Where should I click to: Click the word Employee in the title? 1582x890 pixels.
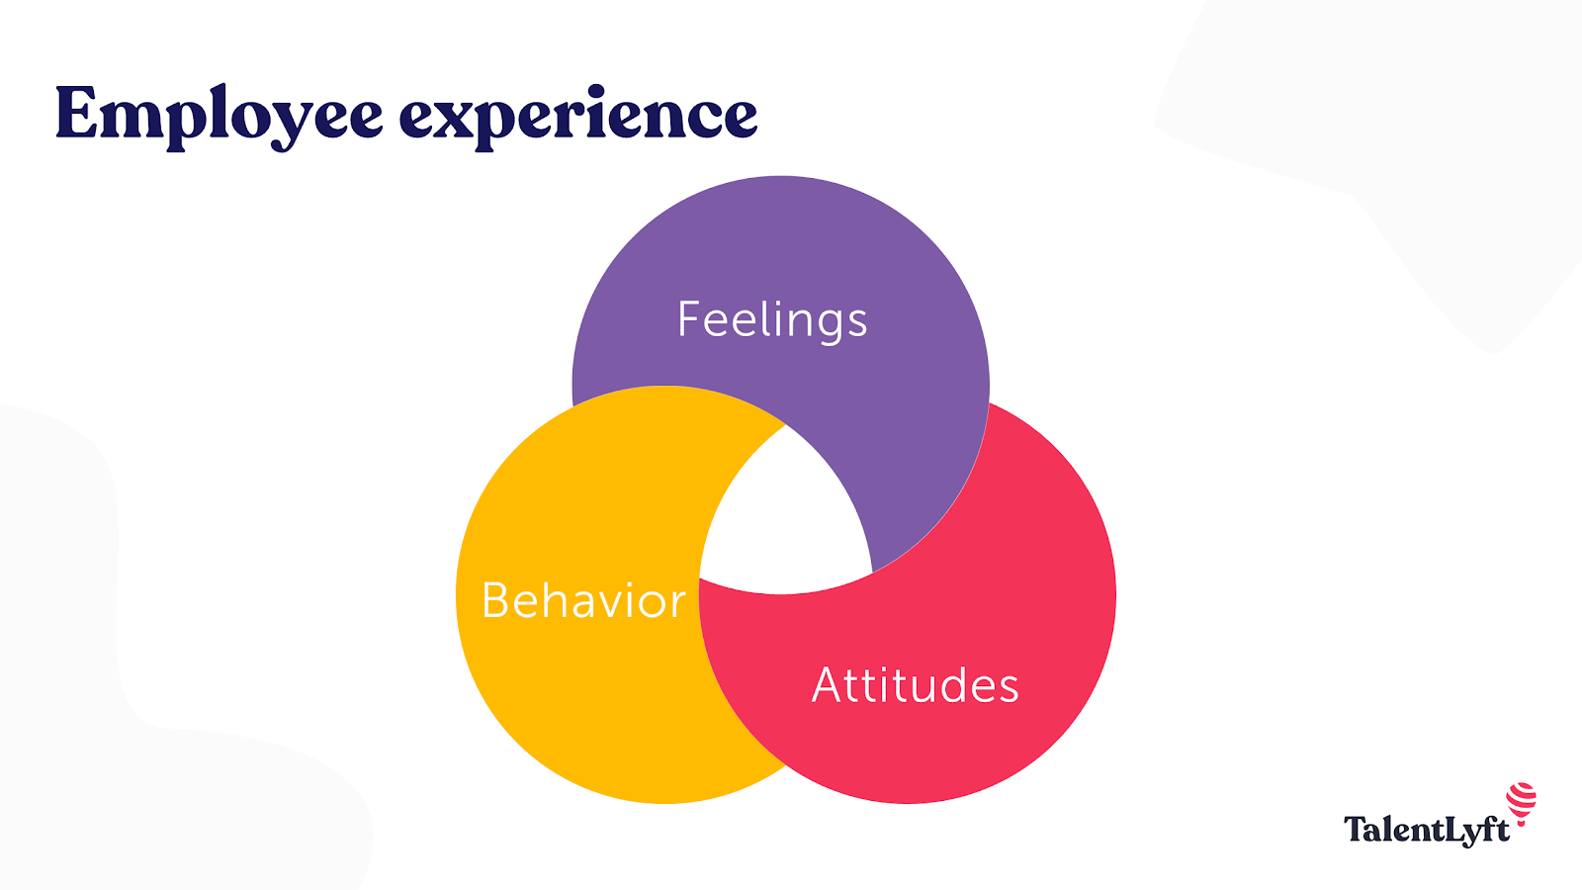click(x=219, y=116)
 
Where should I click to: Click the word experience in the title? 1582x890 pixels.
click(x=578, y=116)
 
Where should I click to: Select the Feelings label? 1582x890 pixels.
click(x=772, y=319)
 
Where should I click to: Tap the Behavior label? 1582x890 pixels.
click(x=583, y=600)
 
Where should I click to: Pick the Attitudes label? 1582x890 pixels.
click(x=915, y=685)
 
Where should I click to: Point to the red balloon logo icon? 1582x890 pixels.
click(x=1522, y=802)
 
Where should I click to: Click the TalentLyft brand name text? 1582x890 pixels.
click(x=1426, y=829)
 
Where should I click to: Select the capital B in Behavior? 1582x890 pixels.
click(x=495, y=600)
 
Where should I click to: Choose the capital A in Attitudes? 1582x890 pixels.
click(x=828, y=685)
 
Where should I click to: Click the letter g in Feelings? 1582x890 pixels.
click(x=827, y=326)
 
